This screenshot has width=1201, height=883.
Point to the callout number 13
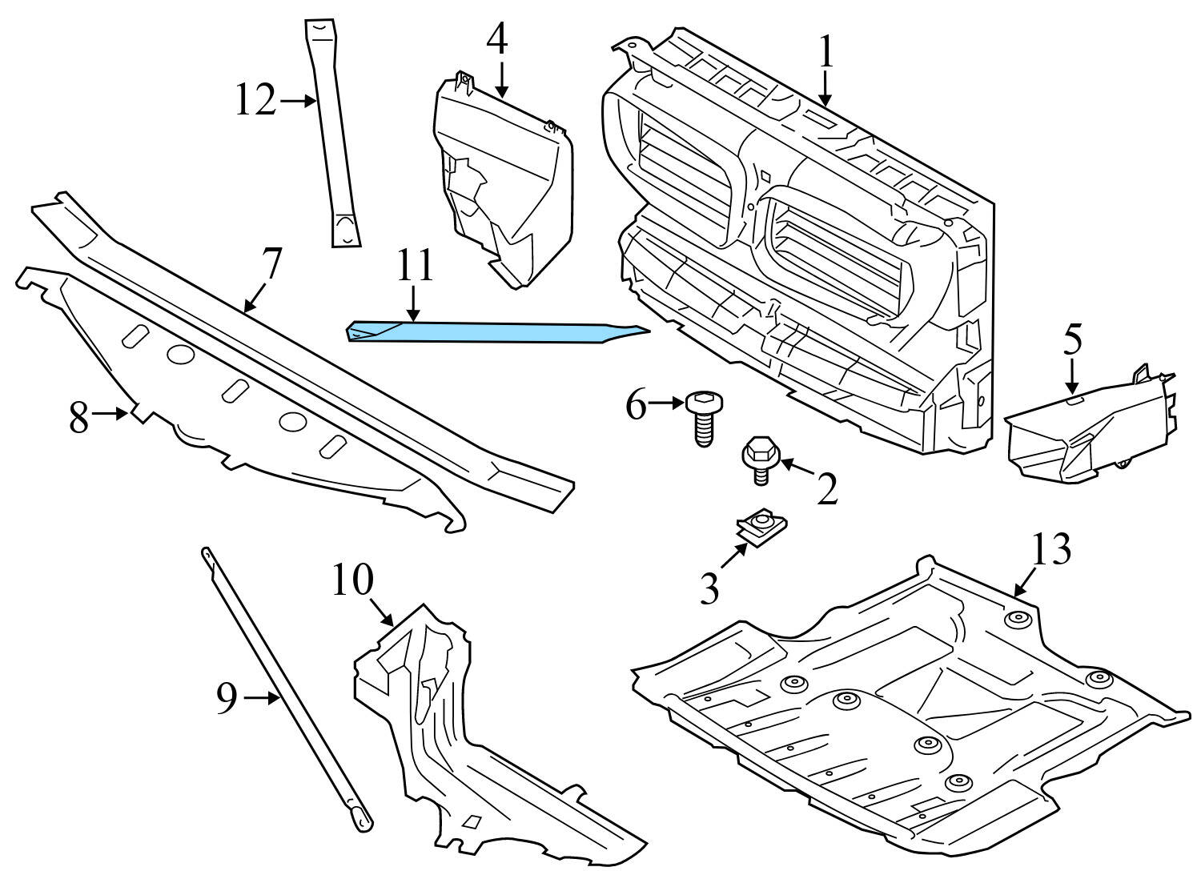tap(1050, 551)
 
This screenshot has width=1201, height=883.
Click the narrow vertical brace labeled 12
tap(333, 136)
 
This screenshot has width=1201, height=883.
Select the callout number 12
tap(255, 102)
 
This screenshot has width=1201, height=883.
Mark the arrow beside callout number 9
tap(261, 699)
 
